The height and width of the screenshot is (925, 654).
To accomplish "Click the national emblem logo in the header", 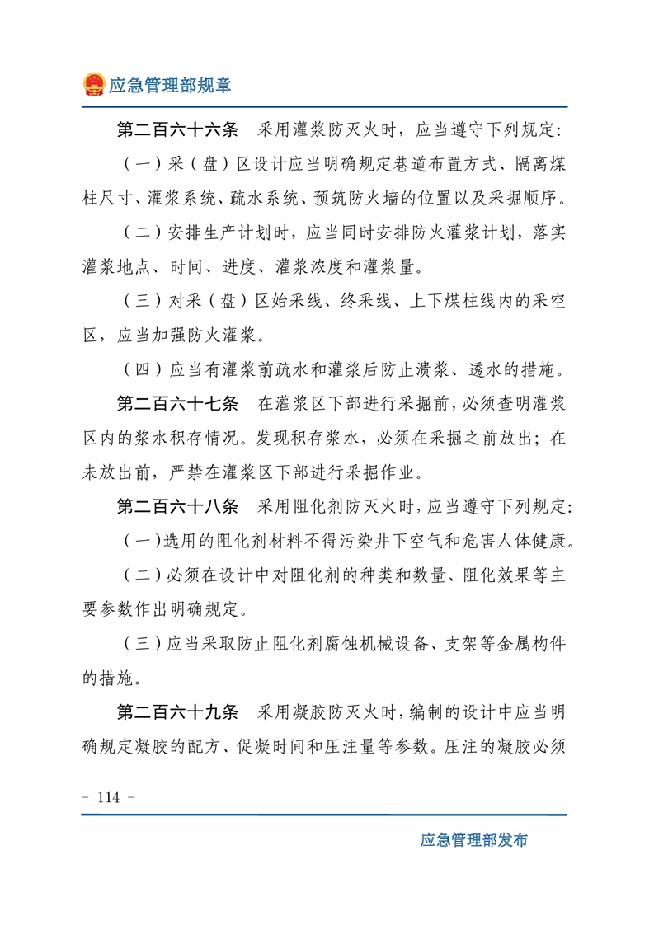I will tap(94, 84).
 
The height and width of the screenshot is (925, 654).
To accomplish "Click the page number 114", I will tap(109, 797).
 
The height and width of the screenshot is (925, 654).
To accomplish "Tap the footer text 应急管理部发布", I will tap(473, 840).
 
